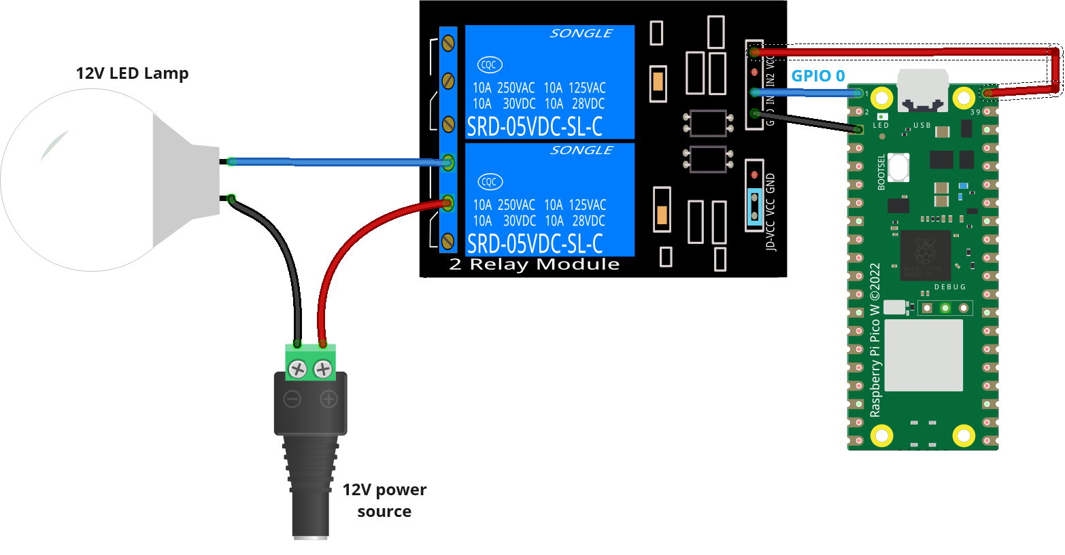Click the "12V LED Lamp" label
click(x=132, y=73)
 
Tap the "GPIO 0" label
click(x=817, y=76)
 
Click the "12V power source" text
click(x=384, y=500)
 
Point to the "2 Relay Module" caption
click(x=535, y=264)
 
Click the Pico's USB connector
click(x=922, y=90)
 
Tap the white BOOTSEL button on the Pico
click(x=898, y=167)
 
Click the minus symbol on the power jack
click(x=292, y=399)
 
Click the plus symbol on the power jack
click(x=328, y=399)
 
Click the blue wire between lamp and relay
click(x=340, y=162)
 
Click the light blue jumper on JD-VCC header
click(x=754, y=207)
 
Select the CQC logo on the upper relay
click(x=489, y=65)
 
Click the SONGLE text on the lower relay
click(x=581, y=150)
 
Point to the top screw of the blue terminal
click(x=448, y=43)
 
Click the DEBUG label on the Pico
click(x=949, y=287)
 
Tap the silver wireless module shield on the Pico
click(x=924, y=355)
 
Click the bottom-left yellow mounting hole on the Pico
click(x=882, y=435)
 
